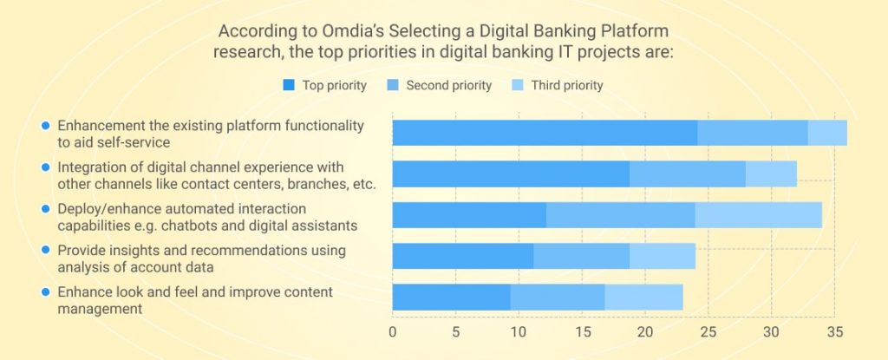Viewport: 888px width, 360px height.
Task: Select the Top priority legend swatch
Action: (290, 85)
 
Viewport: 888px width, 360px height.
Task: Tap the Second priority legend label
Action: (448, 85)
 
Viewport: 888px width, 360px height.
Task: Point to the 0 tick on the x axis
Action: (393, 332)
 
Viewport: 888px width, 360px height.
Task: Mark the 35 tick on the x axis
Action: (834, 332)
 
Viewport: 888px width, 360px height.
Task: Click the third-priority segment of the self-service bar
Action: (827, 133)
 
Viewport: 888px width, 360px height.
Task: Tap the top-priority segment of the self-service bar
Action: (545, 133)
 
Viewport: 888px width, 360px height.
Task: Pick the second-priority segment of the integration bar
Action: (687, 173)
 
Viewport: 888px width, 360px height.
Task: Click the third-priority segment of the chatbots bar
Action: (758, 214)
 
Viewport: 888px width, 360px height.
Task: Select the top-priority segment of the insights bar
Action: (462, 256)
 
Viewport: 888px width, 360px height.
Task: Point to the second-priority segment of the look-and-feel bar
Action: (558, 297)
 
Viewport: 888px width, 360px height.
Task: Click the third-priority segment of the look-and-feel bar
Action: (643, 297)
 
